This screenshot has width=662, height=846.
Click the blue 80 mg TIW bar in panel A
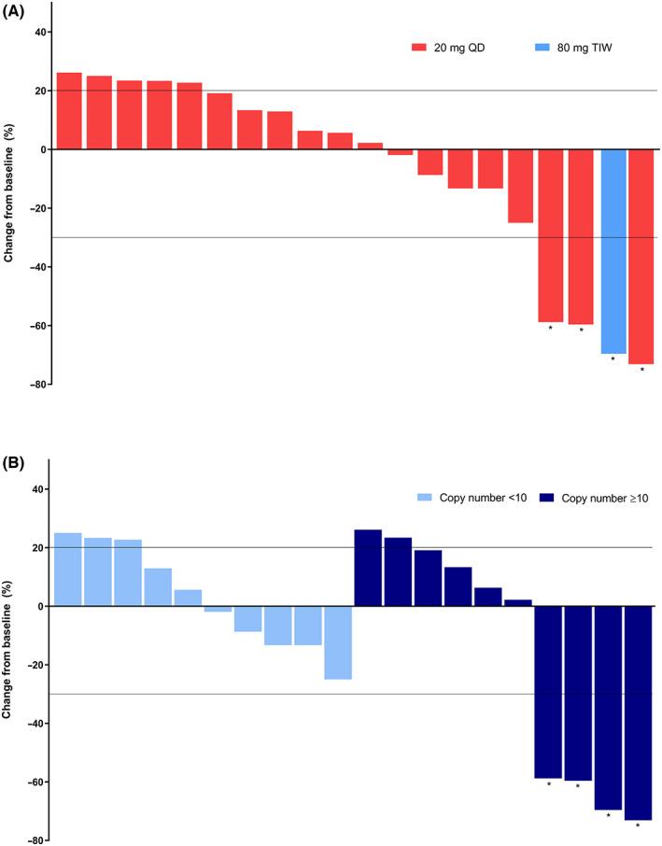(x=613, y=251)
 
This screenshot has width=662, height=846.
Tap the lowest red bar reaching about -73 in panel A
(x=641, y=256)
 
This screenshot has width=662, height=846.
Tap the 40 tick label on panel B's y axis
(x=40, y=489)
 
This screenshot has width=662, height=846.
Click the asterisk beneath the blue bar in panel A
(x=613, y=360)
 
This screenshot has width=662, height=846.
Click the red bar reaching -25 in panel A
(x=520, y=186)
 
